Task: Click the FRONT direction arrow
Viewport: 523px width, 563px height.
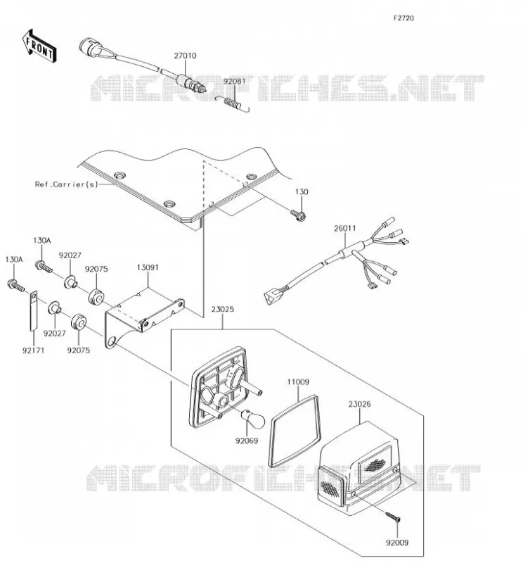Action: coord(39,46)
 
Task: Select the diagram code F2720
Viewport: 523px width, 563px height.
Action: coord(403,18)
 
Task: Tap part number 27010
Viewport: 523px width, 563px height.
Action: coord(185,56)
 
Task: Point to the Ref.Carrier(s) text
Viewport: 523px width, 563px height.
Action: coord(66,184)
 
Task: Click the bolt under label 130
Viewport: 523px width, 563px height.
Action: coord(299,215)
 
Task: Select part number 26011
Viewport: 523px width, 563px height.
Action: coord(344,228)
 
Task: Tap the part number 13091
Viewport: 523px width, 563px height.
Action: coord(148,267)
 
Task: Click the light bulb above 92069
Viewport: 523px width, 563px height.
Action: coord(252,419)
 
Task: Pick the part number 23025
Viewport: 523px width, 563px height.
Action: coord(222,309)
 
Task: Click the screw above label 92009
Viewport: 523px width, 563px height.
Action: coord(393,517)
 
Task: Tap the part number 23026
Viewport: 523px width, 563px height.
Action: coord(359,404)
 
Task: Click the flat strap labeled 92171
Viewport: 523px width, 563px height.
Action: coord(33,310)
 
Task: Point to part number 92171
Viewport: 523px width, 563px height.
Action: coord(33,350)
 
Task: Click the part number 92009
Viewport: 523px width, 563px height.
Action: coord(397,543)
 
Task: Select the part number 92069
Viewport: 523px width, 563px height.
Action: coord(247,441)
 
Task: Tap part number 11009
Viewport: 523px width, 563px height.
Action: coord(298,382)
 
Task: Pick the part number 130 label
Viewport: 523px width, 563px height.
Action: coord(302,191)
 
